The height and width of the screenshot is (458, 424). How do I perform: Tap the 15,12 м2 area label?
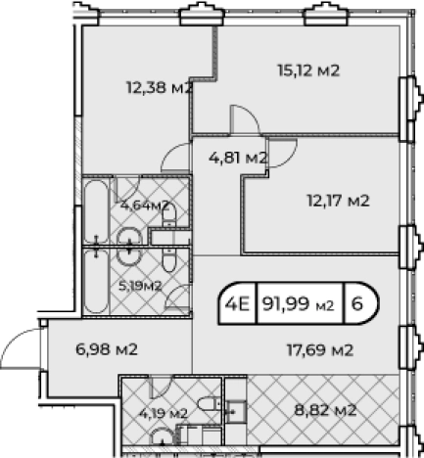(x=306, y=69)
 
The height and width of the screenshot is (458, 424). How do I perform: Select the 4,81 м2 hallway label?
(x=238, y=156)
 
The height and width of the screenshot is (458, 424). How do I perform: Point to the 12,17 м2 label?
(x=336, y=201)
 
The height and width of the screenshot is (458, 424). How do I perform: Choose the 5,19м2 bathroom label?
(x=140, y=286)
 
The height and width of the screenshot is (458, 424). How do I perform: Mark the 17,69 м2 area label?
(x=320, y=348)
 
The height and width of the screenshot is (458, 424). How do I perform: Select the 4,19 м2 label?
(x=163, y=413)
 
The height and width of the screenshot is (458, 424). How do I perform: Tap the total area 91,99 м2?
(x=298, y=302)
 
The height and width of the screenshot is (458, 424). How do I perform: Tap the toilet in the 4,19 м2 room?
(x=207, y=405)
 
